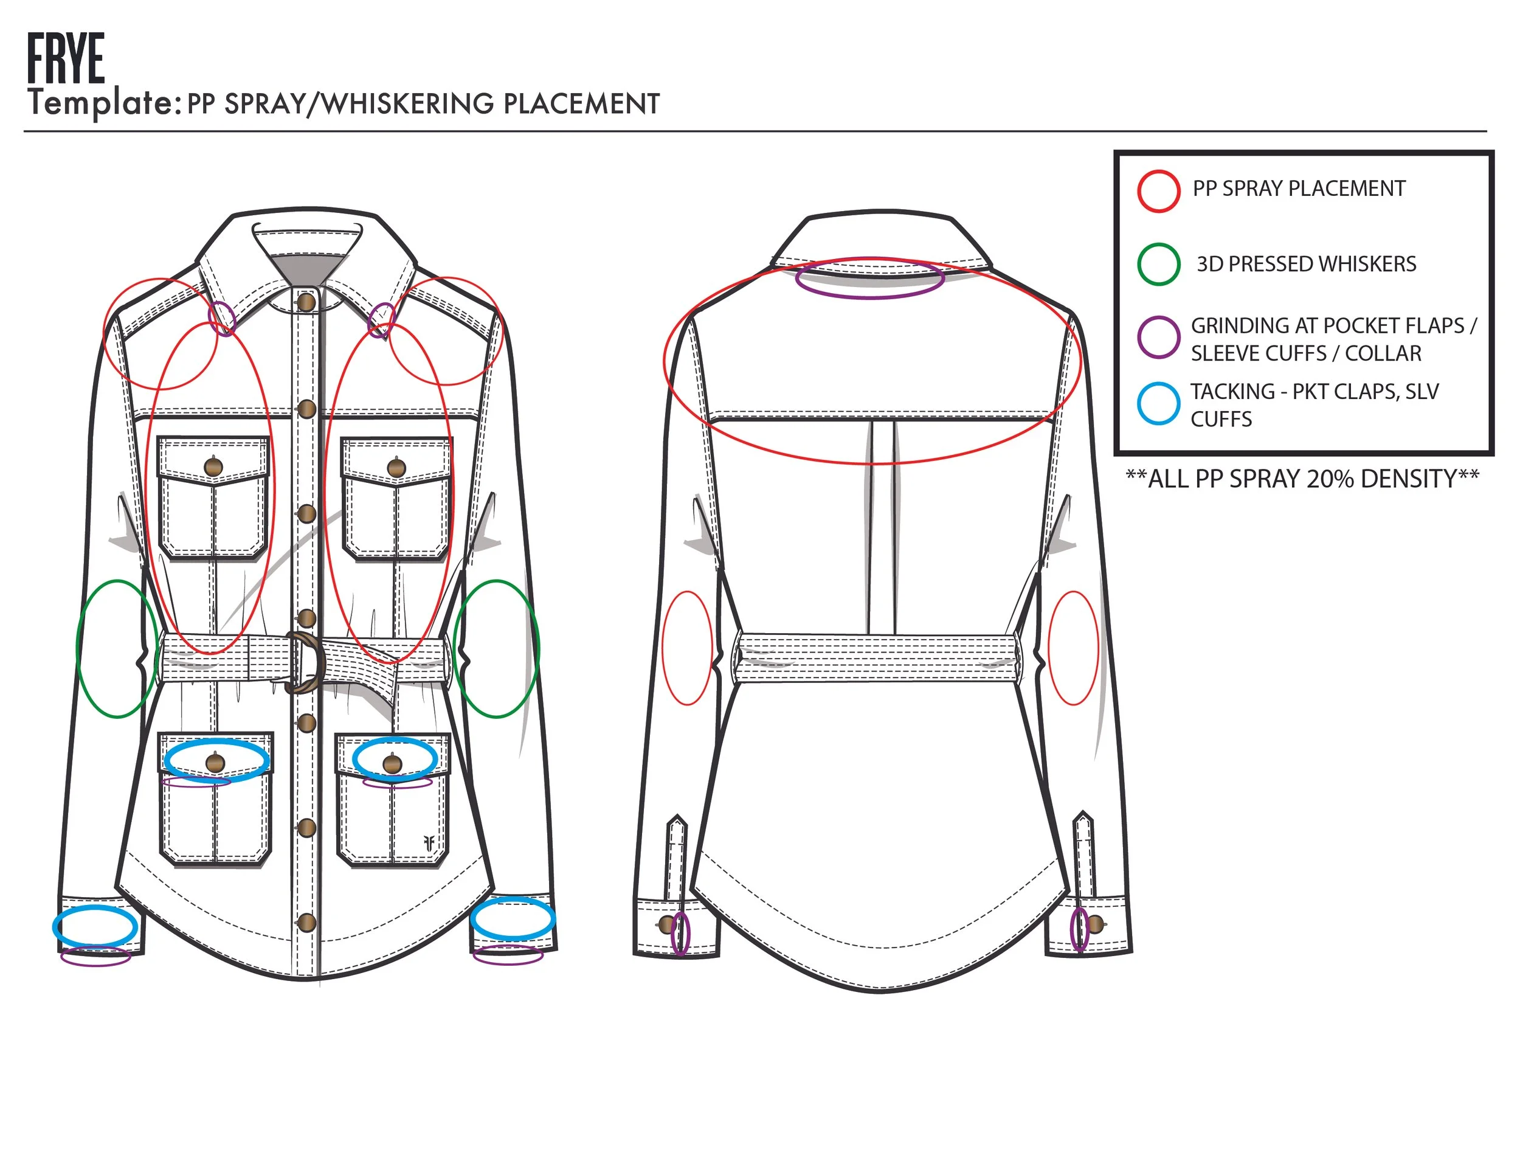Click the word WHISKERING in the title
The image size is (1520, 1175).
point(408,104)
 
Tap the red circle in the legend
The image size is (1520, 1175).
point(1158,191)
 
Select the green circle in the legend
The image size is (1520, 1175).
point(1158,264)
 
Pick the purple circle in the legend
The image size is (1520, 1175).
point(1158,338)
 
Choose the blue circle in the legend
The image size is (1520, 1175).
point(1158,404)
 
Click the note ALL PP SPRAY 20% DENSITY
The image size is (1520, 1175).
point(1302,479)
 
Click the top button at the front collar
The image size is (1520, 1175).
point(306,302)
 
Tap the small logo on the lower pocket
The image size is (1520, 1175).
point(429,843)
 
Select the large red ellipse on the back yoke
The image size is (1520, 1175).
point(872,361)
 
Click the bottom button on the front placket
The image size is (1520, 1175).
point(306,923)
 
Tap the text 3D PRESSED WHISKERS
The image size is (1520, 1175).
point(1307,264)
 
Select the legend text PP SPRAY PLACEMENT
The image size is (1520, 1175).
point(1299,189)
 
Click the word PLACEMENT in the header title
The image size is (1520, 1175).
point(581,104)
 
